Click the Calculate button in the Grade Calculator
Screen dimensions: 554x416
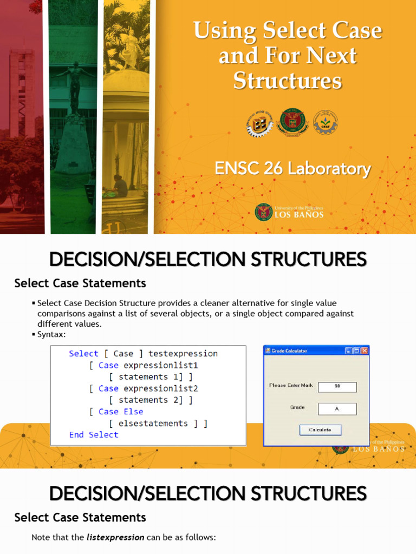(x=320, y=430)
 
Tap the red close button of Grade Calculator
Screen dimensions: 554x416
(x=365, y=351)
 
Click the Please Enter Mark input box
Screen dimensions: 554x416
(x=337, y=387)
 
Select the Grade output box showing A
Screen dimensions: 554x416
(x=337, y=409)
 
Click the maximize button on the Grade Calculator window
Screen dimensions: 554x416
(x=356, y=351)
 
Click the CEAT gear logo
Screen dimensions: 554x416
(x=325, y=122)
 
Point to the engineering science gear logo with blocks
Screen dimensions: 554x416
(x=260, y=123)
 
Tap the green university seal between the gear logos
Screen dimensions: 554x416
(x=292, y=122)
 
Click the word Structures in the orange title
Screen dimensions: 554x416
(x=288, y=81)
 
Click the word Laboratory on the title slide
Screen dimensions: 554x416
(x=329, y=169)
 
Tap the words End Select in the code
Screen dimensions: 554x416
(x=94, y=435)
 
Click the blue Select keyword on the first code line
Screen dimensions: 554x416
(x=83, y=354)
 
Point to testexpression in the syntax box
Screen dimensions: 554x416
(x=183, y=354)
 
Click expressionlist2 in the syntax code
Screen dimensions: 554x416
(x=160, y=388)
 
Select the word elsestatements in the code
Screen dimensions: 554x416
(x=153, y=424)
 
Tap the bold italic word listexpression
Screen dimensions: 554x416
(x=115, y=537)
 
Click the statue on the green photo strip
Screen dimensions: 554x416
(x=75, y=87)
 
